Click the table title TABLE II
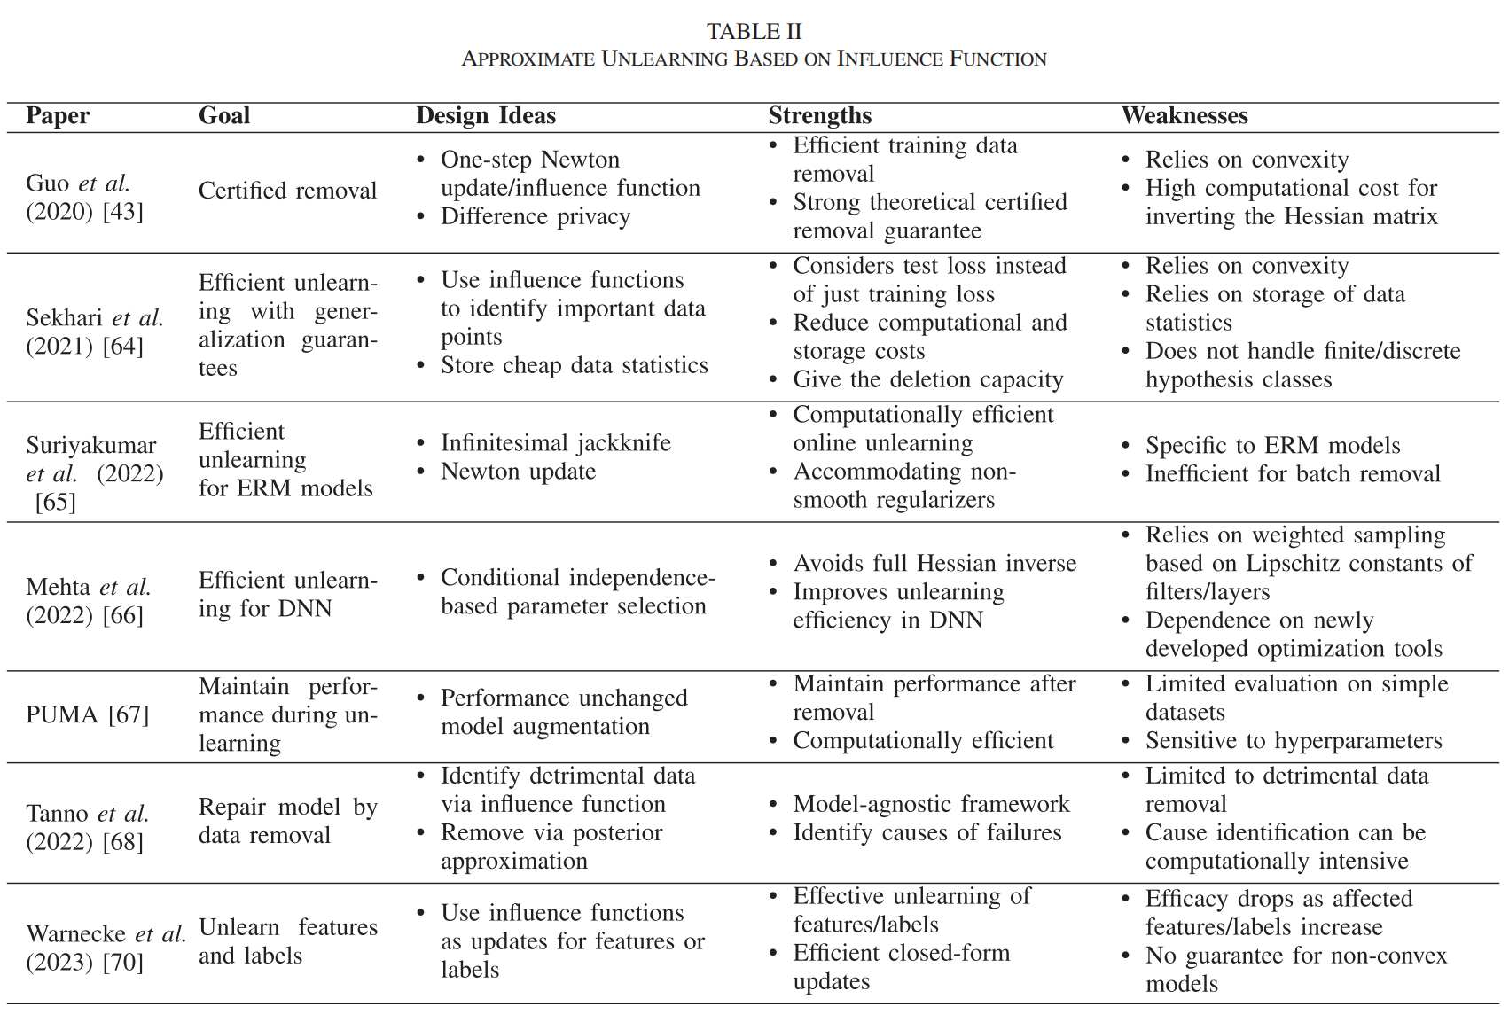pos(754,32)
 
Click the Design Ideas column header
pos(486,116)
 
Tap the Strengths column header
pos(819,116)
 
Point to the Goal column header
pos(224,116)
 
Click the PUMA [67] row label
pos(87,714)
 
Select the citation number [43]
pos(122,212)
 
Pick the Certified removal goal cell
pos(287,191)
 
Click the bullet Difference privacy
pos(535,217)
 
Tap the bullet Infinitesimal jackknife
pos(555,443)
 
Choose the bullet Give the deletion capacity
pos(927,380)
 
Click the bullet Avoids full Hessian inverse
pos(934,564)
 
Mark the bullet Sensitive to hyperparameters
pos(1294,741)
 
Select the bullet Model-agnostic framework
pos(931,805)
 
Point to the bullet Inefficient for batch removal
pos(1293,474)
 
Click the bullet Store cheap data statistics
pos(574,366)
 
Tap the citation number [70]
pos(122,963)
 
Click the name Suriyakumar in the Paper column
pos(90,446)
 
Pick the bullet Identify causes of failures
pos(927,833)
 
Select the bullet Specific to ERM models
pos(1272,446)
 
